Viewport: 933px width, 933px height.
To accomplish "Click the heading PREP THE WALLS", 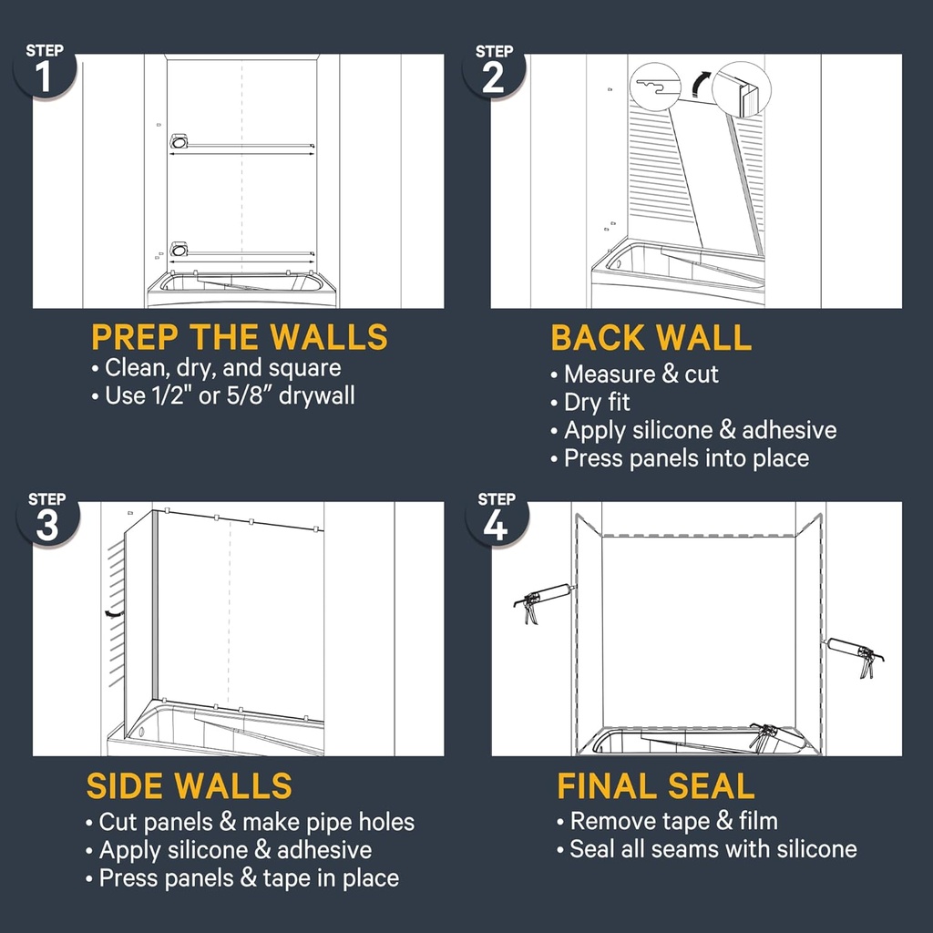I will [239, 338].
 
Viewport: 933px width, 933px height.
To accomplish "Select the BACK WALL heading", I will [651, 338].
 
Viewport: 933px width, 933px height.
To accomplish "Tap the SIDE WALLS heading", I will [190, 785].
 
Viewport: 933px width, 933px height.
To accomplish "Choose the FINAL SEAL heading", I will [655, 785].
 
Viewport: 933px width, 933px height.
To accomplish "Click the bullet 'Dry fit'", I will [596, 402].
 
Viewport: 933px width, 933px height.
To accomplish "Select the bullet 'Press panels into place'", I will [685, 457].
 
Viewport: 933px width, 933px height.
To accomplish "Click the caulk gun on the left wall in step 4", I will [545, 601].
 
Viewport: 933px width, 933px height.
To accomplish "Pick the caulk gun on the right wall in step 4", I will [854, 656].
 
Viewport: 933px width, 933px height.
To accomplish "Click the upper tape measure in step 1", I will [179, 141].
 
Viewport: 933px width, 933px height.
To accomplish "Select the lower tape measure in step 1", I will [179, 249].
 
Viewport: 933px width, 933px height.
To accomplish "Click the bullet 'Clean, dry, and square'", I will [222, 367].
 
